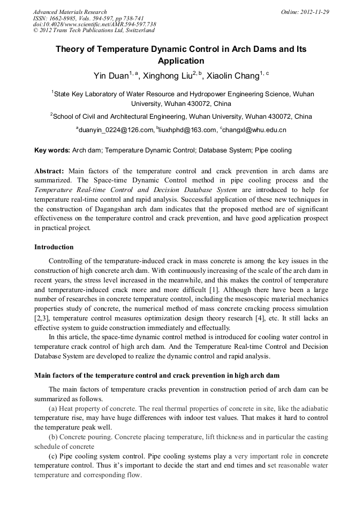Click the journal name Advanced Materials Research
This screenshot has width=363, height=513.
pyautogui.click(x=70, y=12)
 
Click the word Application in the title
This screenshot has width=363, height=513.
pyautogui.click(x=181, y=61)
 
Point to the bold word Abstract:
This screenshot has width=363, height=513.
pyautogui.click(x=49, y=171)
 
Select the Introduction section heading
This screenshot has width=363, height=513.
pyautogui.click(x=54, y=247)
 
